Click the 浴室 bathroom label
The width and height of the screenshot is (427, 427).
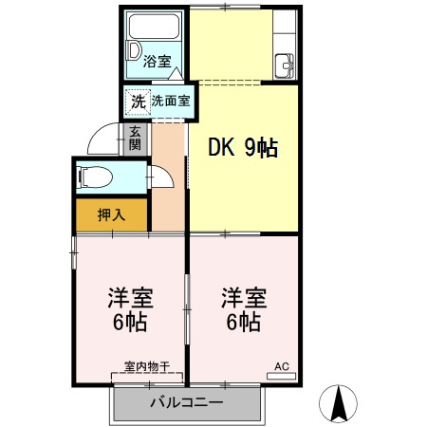(x=158, y=63)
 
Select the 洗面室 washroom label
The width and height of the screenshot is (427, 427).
(x=171, y=100)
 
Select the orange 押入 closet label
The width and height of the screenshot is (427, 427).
(x=111, y=214)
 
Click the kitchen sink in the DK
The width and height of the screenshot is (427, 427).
(x=285, y=66)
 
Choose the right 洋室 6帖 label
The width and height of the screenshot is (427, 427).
(x=243, y=308)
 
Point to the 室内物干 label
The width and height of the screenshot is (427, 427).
(x=147, y=365)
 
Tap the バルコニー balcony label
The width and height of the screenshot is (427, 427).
(x=186, y=402)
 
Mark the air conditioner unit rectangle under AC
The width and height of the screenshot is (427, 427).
(x=282, y=377)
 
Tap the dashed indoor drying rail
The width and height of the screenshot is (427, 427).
(x=147, y=376)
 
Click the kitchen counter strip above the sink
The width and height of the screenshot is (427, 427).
(x=285, y=33)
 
